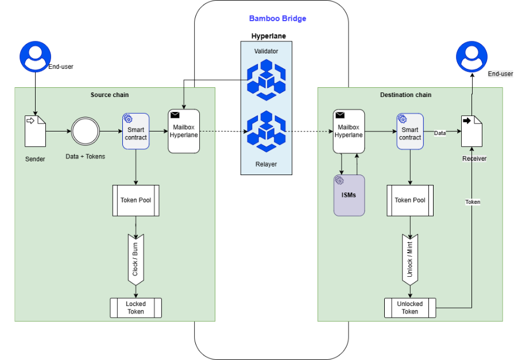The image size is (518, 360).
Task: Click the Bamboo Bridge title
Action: (277, 18)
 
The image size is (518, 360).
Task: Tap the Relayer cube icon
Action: (265, 131)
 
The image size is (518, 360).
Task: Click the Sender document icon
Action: (34, 131)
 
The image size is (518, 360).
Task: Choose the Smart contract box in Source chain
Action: (136, 131)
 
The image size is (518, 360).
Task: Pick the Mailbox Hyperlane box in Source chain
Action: (184, 131)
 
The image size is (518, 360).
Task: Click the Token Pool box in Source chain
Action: (136, 200)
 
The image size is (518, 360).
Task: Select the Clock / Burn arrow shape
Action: (136, 258)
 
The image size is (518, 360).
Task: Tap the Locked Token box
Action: (136, 308)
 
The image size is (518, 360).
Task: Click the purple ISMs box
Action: (349, 195)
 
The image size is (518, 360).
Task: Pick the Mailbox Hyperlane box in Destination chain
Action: (349, 131)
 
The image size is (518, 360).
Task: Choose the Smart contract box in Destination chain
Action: (410, 131)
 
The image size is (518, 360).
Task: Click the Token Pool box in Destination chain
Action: (410, 200)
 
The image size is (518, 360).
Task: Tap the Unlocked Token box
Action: (410, 308)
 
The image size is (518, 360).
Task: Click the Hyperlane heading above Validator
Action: (268, 36)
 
